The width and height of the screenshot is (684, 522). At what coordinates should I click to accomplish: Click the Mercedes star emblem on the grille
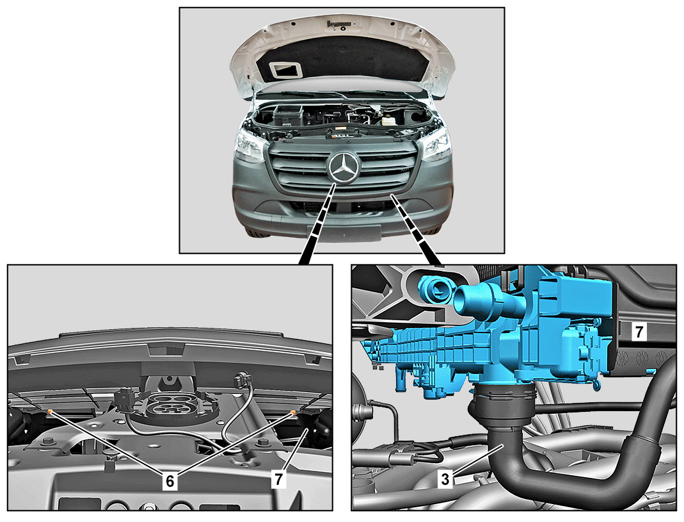tap(344, 168)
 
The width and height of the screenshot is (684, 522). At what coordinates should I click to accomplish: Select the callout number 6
tap(170, 482)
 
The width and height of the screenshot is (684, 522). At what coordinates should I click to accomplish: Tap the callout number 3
tap(445, 479)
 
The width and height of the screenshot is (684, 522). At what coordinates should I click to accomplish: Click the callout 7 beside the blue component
tap(639, 332)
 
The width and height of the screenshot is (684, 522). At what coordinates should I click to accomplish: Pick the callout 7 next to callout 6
tap(279, 480)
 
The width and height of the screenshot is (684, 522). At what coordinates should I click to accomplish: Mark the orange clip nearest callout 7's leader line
tap(292, 412)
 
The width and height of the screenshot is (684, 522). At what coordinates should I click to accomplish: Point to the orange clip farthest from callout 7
tap(50, 411)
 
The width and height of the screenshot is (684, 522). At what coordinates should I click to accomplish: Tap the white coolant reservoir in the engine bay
tap(390, 120)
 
